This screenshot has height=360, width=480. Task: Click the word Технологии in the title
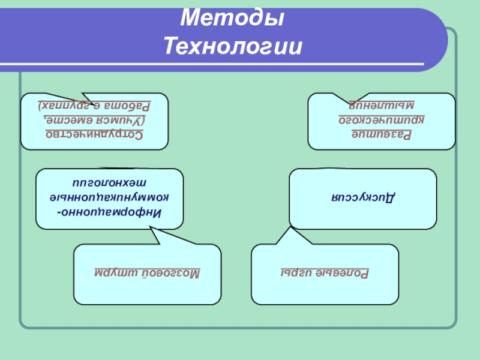click(232, 45)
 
